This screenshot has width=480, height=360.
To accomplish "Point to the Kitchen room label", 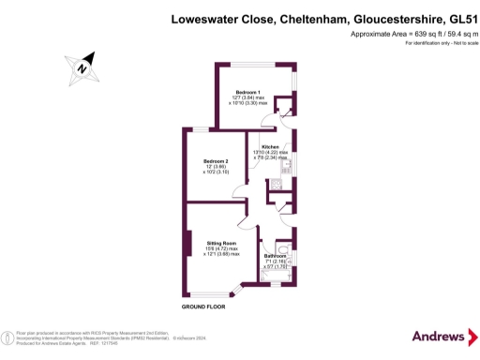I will pyautogui.click(x=271, y=148).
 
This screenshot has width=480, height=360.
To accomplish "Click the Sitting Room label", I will pyautogui.click(x=223, y=242).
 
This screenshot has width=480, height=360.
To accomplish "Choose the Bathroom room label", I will pyautogui.click(x=276, y=255).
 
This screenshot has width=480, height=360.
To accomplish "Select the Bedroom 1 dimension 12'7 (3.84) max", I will pyautogui.click(x=248, y=98).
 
